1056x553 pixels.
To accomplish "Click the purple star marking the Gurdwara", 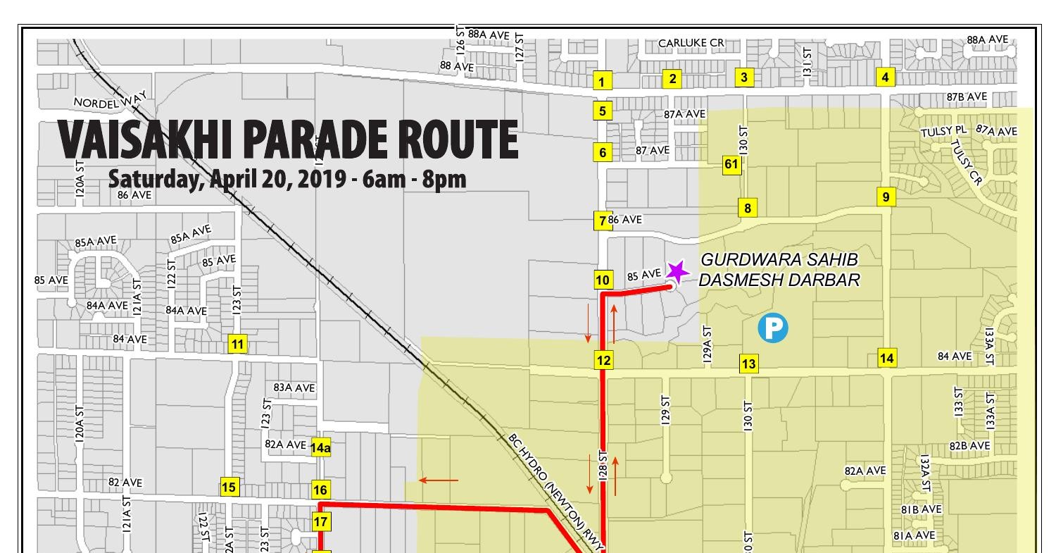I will pos(677,271).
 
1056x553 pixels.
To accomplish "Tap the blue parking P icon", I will pos(772,328).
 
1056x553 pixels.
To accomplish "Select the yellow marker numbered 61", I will pos(731,165).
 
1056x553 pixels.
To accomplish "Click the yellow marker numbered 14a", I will pos(321,447).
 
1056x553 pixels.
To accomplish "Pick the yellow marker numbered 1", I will pos(601,81).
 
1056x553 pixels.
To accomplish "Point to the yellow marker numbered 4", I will pos(885,77).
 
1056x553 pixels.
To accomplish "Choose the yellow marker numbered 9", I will pos(886,197).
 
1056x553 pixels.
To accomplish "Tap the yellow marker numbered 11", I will pos(237,344).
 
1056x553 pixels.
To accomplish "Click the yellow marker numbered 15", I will pos(229,487).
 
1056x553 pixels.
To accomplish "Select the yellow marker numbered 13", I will pos(748,364).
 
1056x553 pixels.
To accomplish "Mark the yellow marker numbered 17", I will pos(321,522).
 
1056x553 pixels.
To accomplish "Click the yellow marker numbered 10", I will pos(603,280).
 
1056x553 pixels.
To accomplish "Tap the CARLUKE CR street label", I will pos(691,43).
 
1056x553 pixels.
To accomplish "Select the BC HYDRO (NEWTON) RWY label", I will pos(556,492).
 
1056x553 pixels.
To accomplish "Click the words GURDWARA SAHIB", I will pos(779,260).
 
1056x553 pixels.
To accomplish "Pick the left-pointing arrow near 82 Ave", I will pos(439,480).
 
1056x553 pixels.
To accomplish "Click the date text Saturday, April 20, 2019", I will pos(226,179).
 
